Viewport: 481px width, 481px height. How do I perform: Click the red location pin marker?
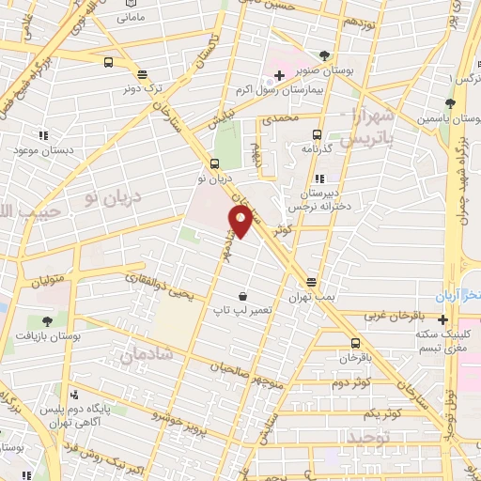pos(240,222)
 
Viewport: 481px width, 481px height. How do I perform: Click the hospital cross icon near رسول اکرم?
pos(279,75)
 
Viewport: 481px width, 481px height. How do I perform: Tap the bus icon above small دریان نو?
pos(214,163)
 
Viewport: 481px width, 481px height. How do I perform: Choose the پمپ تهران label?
pos(312,297)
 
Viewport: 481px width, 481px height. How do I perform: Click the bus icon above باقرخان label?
pos(355,343)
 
